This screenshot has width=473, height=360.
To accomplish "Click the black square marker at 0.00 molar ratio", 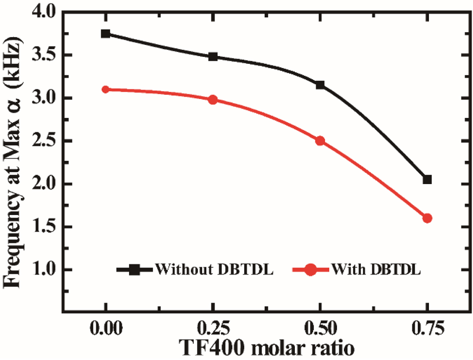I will coord(106,34).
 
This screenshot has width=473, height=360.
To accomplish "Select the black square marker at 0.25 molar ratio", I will coord(213,57).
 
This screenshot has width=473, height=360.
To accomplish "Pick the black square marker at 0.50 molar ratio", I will coord(320,85).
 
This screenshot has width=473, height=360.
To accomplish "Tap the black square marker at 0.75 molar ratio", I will coord(427,179).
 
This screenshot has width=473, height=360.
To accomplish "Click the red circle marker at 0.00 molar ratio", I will coord(106,89).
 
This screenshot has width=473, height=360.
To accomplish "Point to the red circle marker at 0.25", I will coord(213,100).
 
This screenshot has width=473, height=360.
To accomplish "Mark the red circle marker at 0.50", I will coord(320,141).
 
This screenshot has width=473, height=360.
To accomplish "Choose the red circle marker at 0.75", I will coord(427,218).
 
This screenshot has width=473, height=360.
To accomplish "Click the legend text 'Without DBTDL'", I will coord(214,269).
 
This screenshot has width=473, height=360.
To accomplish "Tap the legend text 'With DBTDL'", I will coord(376,269).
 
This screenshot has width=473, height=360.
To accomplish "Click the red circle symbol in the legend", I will coord(311,270).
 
